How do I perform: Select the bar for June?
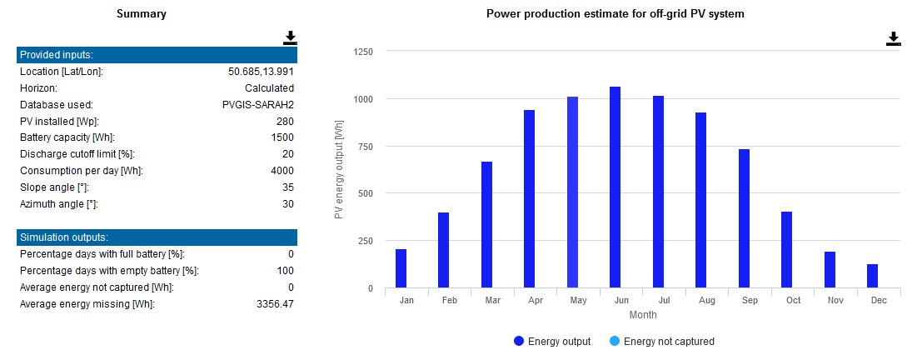click(x=615, y=187)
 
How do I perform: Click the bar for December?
click(x=872, y=276)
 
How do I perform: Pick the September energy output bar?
click(x=744, y=218)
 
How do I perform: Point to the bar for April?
click(x=529, y=199)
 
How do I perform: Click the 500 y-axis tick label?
click(x=364, y=193)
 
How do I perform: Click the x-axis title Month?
click(x=642, y=315)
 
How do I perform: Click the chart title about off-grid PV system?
click(x=615, y=14)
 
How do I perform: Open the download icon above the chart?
click(x=893, y=38)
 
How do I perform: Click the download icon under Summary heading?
click(x=290, y=37)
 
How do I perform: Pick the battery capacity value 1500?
click(x=282, y=137)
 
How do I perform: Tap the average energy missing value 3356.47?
click(x=272, y=304)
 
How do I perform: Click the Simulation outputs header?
click(x=157, y=237)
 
